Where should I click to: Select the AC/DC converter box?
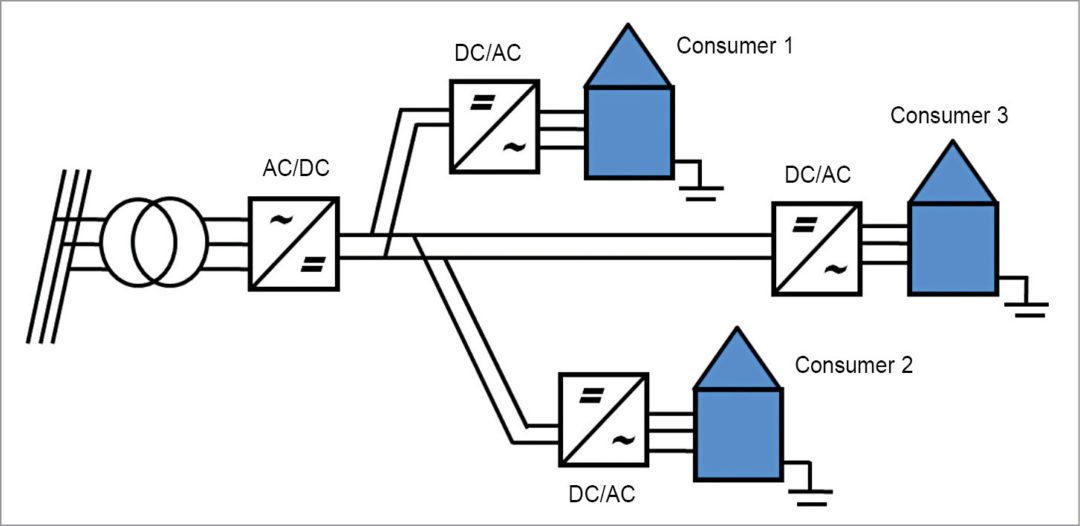293,243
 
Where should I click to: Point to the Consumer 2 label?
853,365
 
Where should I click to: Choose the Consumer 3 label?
949,116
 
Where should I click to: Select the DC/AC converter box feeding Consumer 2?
603,417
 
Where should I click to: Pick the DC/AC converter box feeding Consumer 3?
816,249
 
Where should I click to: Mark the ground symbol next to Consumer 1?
703,187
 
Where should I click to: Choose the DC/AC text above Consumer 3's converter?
817,176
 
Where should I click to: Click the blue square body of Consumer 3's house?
952,248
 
